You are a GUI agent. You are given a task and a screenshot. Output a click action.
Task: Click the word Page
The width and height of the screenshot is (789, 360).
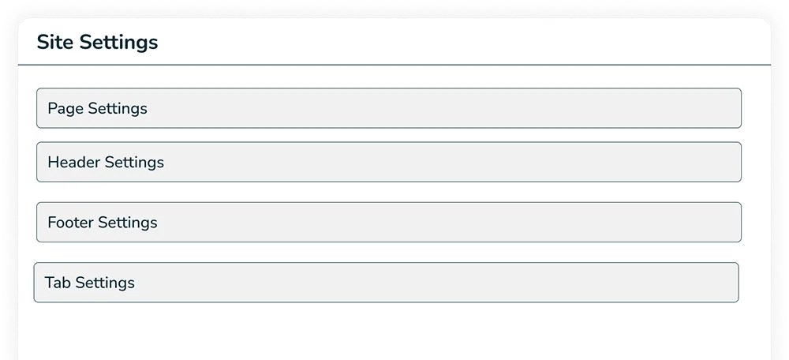(65, 108)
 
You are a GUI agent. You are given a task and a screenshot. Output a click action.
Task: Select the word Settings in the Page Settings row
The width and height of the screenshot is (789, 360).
(118, 108)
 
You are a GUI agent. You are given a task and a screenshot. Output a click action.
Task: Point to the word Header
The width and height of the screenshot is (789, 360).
(74, 162)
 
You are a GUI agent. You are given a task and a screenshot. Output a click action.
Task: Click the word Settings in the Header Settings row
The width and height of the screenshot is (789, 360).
(134, 162)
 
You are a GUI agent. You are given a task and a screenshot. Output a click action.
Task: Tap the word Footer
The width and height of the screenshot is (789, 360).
(71, 222)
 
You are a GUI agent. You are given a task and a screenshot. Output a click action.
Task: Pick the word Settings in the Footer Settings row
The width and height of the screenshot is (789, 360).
(128, 222)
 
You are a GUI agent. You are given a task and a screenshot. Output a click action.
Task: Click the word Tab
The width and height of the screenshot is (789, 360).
(58, 282)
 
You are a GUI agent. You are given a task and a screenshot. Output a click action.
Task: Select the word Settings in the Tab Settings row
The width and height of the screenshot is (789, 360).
(105, 282)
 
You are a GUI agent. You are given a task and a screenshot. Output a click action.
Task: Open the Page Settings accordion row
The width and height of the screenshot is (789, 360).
(388, 108)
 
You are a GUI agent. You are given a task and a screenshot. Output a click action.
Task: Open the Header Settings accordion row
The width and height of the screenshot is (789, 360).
(388, 162)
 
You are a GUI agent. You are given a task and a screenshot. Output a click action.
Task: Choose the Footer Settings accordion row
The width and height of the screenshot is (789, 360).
(388, 222)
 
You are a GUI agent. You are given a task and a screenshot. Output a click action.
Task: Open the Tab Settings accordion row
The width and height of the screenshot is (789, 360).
(386, 282)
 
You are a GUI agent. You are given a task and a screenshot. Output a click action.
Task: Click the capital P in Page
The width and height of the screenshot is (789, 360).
(52, 108)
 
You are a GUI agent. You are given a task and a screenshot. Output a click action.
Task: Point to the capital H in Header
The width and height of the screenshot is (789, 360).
(53, 162)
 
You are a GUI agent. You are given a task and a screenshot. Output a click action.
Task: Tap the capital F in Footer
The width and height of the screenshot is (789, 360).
(52, 222)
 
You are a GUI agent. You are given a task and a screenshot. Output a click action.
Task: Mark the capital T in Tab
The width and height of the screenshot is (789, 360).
(49, 282)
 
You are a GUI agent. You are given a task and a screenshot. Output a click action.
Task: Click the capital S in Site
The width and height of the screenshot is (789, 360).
(43, 43)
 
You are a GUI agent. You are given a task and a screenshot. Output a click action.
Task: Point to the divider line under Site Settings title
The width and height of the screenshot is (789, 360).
(394, 65)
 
